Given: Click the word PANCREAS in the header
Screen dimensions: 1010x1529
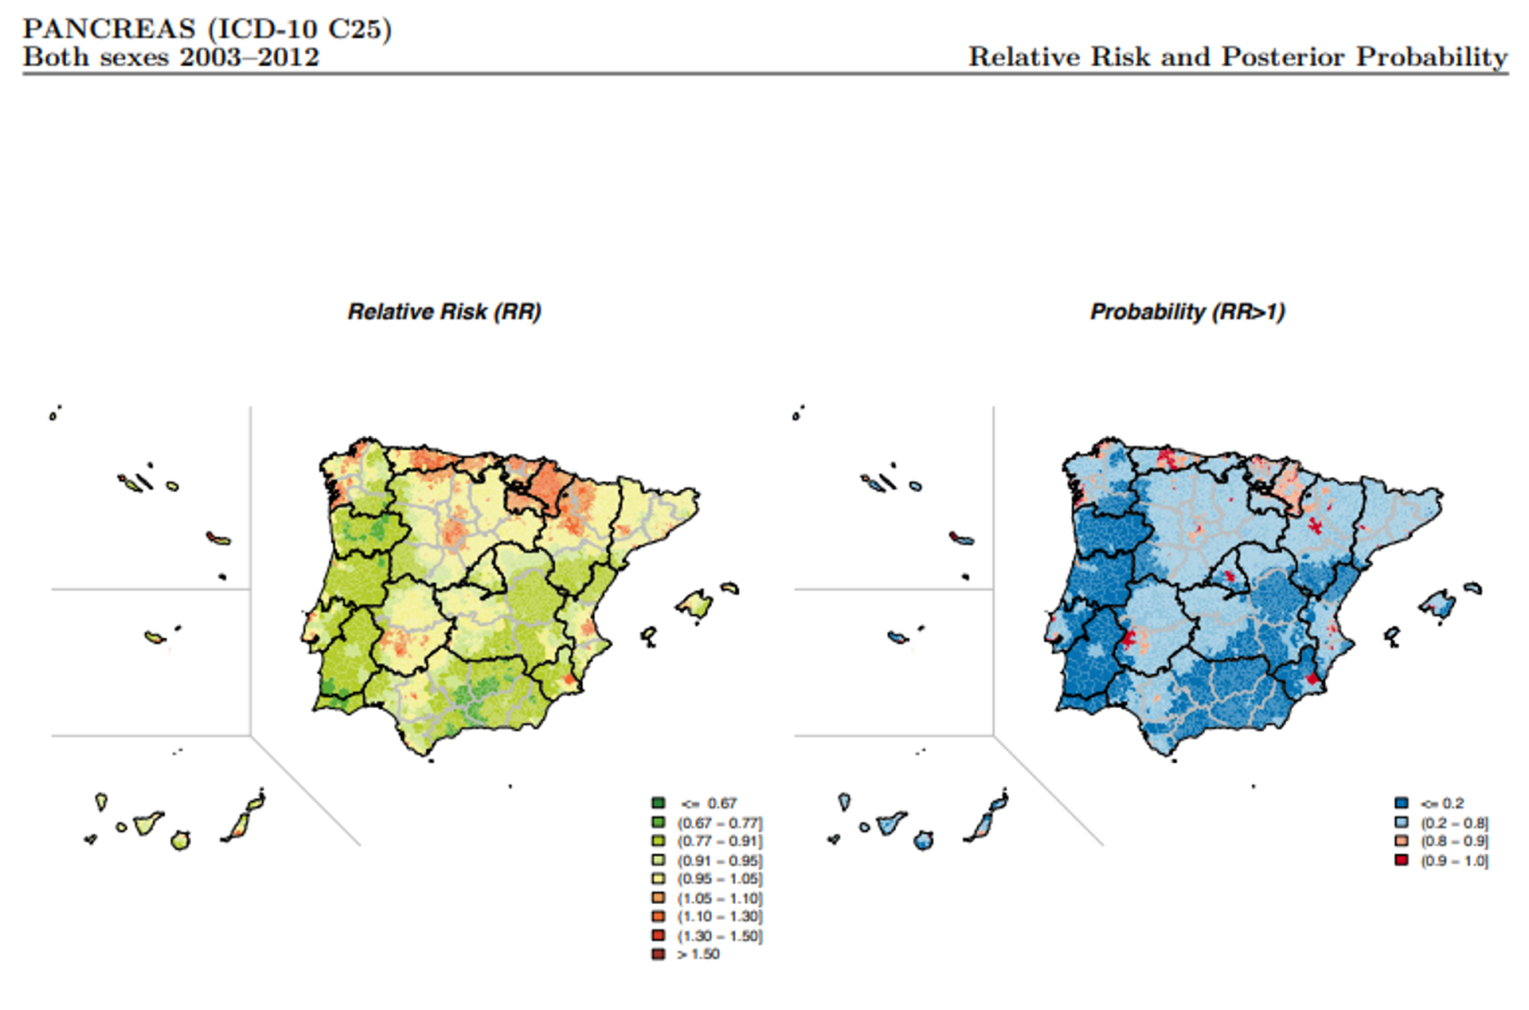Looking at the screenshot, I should tap(109, 29).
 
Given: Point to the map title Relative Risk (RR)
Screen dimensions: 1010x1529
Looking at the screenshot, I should tap(444, 311).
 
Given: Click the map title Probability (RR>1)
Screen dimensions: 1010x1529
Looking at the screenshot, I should tap(1187, 311).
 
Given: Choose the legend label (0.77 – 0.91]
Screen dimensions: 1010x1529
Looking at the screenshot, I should tap(720, 841).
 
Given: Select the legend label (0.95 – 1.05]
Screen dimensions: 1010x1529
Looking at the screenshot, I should tap(720, 879).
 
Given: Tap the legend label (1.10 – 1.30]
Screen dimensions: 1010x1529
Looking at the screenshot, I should tap(720, 917).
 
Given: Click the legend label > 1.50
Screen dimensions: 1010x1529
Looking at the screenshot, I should tap(698, 954).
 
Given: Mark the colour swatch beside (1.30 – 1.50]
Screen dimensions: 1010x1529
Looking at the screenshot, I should tap(659, 936).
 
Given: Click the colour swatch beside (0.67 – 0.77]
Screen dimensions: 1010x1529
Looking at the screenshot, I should tap(659, 822).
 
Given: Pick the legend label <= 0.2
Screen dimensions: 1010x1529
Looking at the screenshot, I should tap(1443, 803).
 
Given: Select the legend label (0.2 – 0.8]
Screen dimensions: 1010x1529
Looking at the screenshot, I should tap(1454, 822).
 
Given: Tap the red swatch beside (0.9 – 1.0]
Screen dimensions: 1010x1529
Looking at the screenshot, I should tap(1402, 860).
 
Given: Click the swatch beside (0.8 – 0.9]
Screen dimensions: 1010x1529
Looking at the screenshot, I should tap(1402, 841).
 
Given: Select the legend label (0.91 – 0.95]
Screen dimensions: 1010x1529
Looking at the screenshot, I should tap(720, 860).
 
